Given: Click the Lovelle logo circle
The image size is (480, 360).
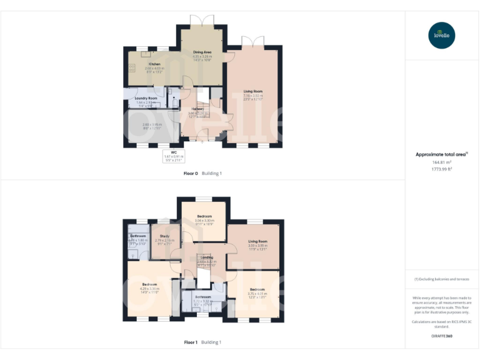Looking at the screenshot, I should click(x=442, y=35).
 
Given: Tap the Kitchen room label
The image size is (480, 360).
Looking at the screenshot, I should click(x=154, y=64).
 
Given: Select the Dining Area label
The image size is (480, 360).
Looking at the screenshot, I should click(x=202, y=52).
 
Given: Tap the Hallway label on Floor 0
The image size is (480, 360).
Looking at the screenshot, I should click(x=197, y=108).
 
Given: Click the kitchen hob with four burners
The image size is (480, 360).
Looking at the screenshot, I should click(x=132, y=67).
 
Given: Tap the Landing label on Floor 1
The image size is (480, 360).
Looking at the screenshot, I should click(x=206, y=257).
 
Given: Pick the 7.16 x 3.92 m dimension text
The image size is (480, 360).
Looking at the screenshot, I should click(x=253, y=96).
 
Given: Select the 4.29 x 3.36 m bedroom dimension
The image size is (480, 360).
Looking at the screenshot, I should click(x=149, y=288).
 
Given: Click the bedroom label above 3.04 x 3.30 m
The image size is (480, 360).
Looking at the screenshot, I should click(x=204, y=216).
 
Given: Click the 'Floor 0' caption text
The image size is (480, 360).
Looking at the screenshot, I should click(x=191, y=173).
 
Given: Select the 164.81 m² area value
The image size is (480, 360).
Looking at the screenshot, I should click(x=442, y=162).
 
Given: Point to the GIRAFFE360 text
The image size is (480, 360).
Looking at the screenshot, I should click(x=442, y=336).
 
